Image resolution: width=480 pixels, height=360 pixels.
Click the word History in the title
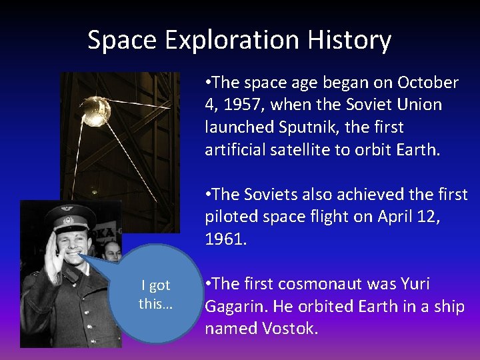point(349,41)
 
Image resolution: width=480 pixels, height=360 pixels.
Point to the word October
point(428,83)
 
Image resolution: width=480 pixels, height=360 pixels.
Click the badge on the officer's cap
point(67,217)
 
